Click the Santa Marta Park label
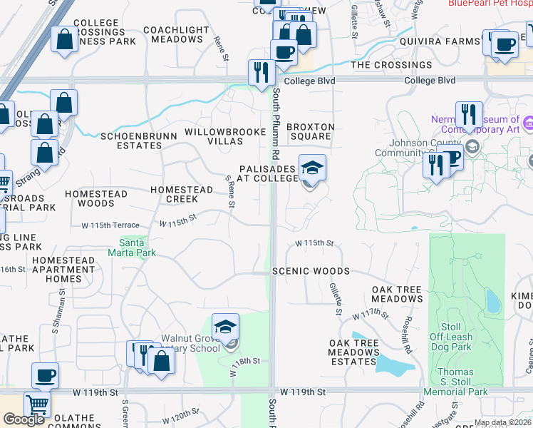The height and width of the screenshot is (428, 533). (x=132, y=248)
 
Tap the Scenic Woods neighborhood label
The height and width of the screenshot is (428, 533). (x=311, y=272)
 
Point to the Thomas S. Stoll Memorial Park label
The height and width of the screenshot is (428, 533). (x=455, y=382)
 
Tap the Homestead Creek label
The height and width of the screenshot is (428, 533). (x=181, y=194)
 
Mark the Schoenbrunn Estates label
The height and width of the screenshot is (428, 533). (x=132, y=141)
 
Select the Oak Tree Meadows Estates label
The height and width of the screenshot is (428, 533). (x=353, y=352)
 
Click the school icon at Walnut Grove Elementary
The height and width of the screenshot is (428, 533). (x=226, y=327)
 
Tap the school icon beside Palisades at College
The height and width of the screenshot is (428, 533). (x=311, y=168)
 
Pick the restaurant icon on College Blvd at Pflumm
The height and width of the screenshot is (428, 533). (x=262, y=73)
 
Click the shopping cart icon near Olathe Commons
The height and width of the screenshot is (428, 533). (x=37, y=404)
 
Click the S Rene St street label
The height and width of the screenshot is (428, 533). (x=230, y=193)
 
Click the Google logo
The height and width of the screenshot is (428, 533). (x=23, y=419)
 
